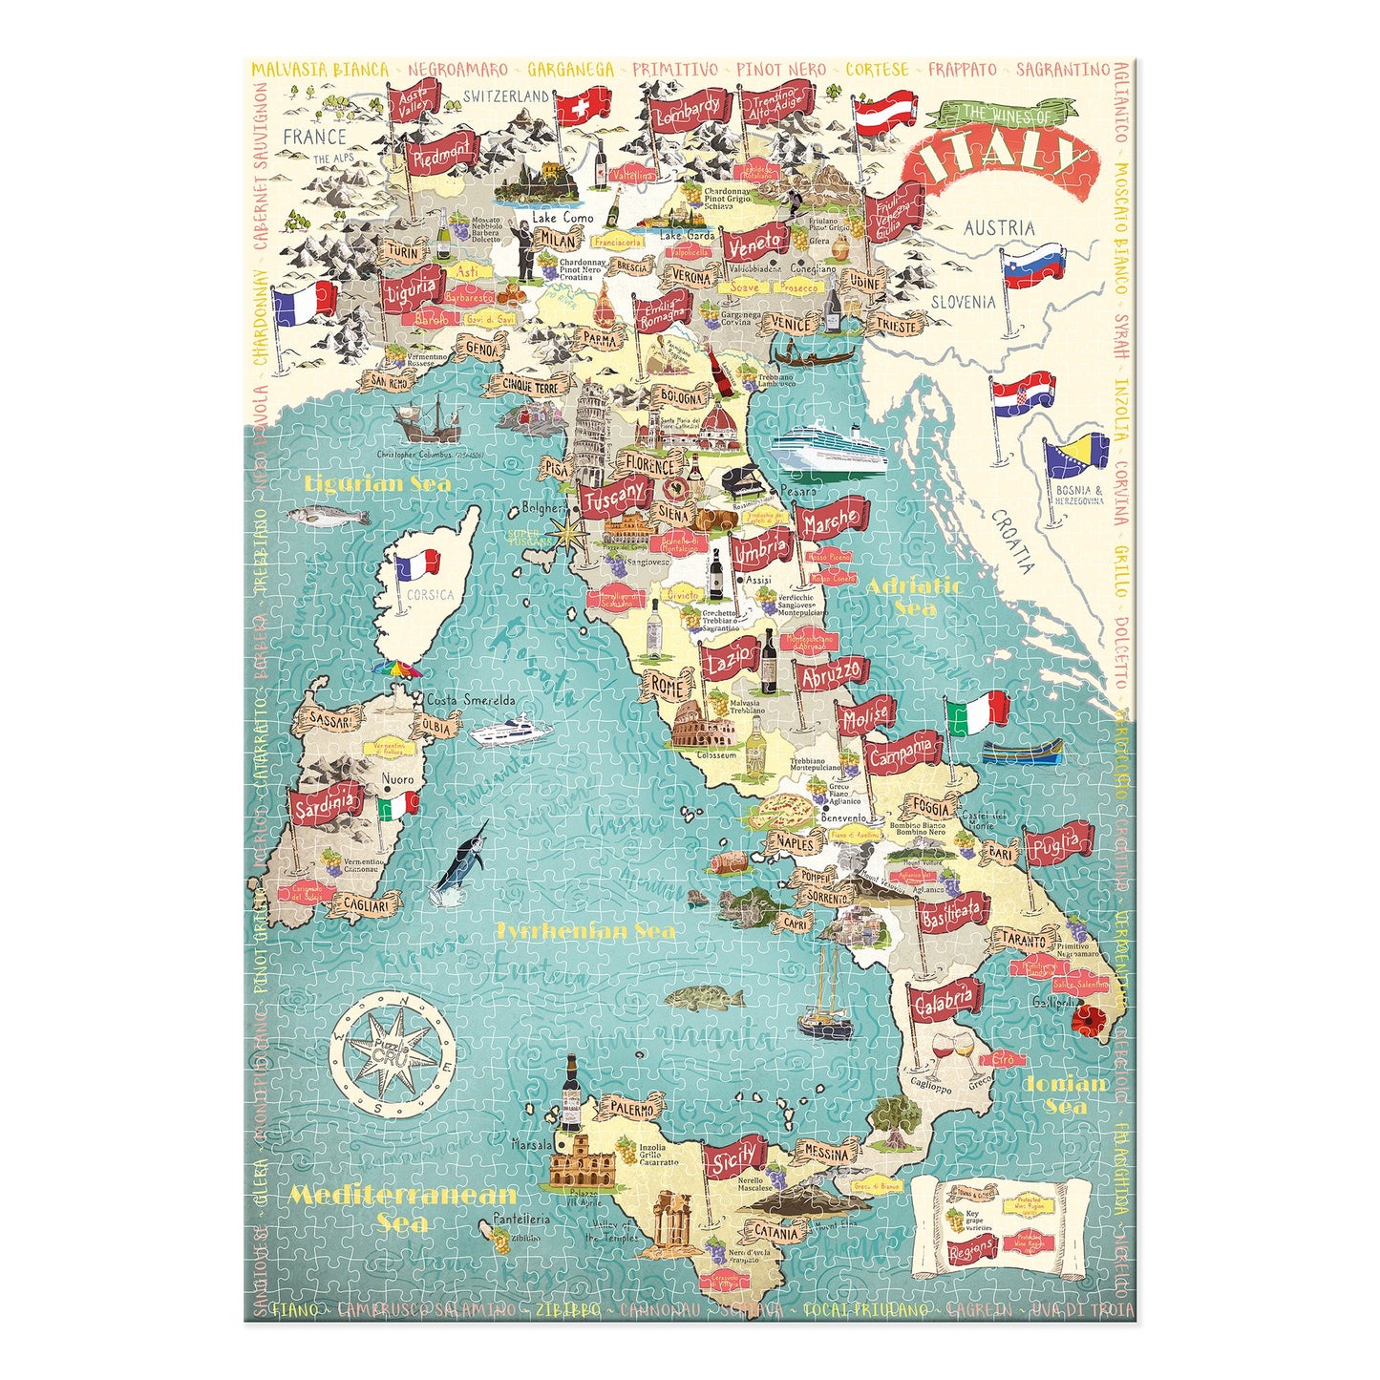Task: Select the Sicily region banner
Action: point(734,1158)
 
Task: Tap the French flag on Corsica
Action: point(417,566)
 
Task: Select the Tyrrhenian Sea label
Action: point(584,930)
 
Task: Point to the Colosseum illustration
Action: point(701,731)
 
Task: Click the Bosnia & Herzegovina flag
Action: point(1076,456)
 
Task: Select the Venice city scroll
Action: point(790,325)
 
